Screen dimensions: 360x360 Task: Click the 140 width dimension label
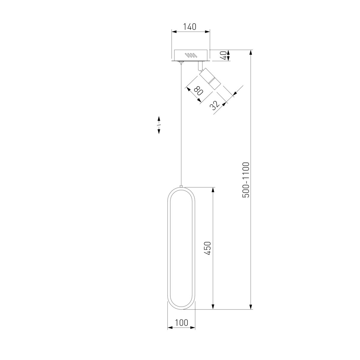(189, 27)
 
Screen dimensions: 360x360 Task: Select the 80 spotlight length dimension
(198, 91)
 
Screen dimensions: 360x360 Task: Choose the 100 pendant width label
(181, 317)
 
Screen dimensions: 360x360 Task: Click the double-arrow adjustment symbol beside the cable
(159, 125)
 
